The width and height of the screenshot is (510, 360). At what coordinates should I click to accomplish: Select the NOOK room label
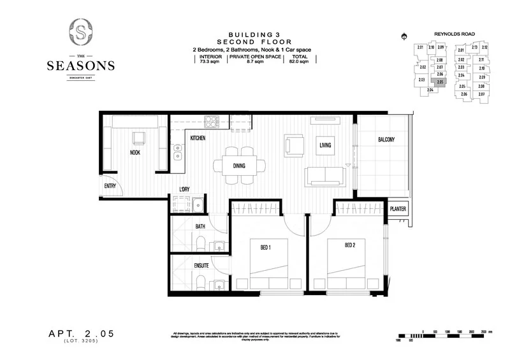(x=135, y=153)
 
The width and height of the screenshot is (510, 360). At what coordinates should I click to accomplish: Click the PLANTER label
(x=398, y=210)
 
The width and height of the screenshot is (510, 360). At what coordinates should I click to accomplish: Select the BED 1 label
(x=267, y=245)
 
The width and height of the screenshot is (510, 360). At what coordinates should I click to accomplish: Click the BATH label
(x=182, y=226)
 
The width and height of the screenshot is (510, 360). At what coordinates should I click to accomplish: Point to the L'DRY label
(x=185, y=189)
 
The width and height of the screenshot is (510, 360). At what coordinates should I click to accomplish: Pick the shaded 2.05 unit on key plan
(x=440, y=82)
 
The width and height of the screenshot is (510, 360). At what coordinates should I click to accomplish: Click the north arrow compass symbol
(x=402, y=36)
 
